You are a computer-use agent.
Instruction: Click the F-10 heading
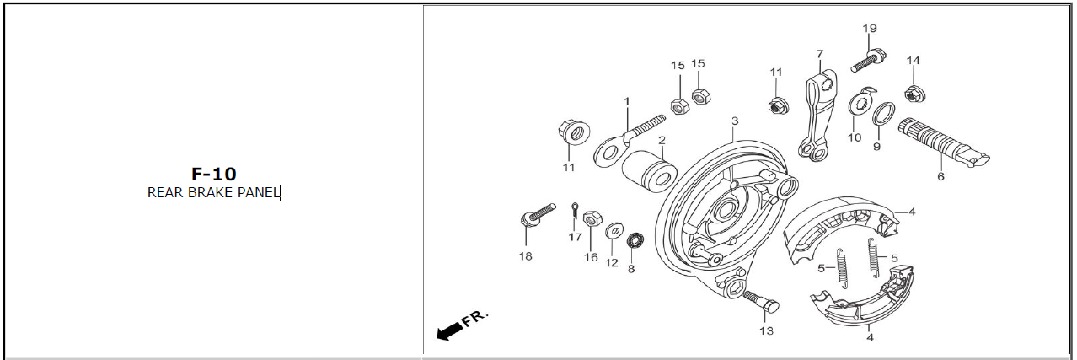click(x=213, y=174)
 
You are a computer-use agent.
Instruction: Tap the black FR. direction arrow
click(x=450, y=331)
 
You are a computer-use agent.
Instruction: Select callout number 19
click(x=870, y=29)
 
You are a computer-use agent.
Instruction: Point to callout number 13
click(x=766, y=330)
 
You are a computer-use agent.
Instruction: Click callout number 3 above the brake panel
click(x=735, y=121)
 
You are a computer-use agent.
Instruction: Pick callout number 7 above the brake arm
click(x=820, y=54)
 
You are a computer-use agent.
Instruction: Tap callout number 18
click(x=526, y=256)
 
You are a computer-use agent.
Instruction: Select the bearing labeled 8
click(x=635, y=240)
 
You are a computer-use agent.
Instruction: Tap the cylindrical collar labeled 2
click(x=649, y=172)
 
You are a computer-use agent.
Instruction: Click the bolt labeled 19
click(x=868, y=61)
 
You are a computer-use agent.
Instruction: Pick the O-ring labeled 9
click(x=884, y=114)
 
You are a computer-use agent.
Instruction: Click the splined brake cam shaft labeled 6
click(x=942, y=142)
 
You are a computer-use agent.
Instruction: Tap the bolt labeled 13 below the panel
click(x=762, y=301)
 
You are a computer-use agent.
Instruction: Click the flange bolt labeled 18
click(x=538, y=215)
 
